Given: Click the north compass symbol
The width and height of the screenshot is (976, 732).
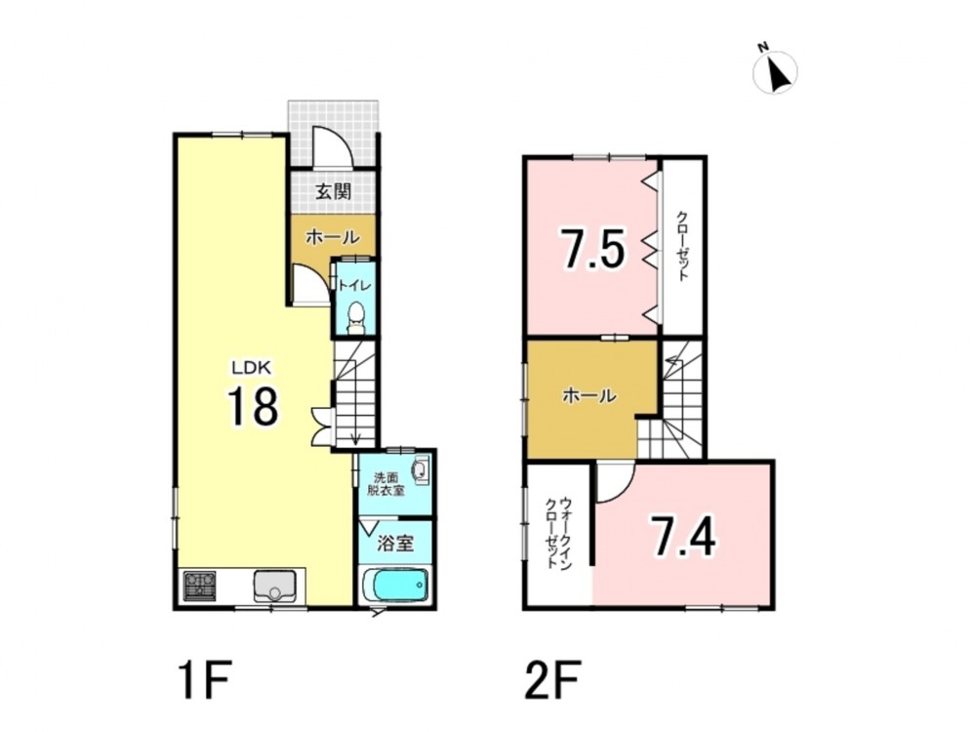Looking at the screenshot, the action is [775, 69].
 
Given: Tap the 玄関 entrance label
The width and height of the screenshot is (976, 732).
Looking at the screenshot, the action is [333, 191].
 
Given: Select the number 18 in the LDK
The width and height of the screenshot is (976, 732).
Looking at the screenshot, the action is [253, 406].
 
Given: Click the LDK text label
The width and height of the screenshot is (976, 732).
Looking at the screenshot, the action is [252, 368].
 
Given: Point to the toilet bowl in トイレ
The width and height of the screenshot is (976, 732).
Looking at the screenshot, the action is [356, 315].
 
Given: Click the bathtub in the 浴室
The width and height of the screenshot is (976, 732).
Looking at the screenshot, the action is [396, 585].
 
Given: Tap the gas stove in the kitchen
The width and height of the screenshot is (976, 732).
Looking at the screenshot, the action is [200, 586].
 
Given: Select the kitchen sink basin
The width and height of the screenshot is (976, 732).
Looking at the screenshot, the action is [275, 586].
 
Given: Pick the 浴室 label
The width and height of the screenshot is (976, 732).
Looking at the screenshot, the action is [395, 544].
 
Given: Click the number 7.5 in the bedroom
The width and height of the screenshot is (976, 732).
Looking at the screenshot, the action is [591, 248].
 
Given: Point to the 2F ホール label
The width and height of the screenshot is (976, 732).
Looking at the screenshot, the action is [590, 395].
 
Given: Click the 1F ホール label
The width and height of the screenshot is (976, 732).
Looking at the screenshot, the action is [333, 237].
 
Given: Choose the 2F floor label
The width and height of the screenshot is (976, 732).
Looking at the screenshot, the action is [552, 681].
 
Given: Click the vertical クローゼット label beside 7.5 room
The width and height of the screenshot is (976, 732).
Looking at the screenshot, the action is [683, 247].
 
